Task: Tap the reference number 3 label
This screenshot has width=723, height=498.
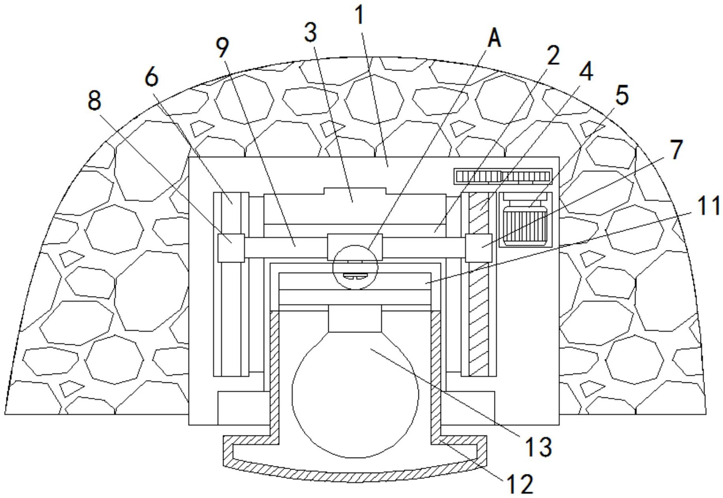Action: pos(311,32)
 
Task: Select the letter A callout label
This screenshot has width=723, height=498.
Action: pos(495,39)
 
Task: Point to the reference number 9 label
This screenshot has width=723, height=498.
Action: pos(222,48)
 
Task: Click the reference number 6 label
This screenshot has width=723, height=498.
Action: pos(151,77)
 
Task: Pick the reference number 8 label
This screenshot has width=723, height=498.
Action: pos(94,101)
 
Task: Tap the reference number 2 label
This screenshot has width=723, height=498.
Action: pos(553,56)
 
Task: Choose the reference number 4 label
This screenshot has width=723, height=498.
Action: pos(586,72)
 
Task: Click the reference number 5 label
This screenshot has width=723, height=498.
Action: pos(622,95)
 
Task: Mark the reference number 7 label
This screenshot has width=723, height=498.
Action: pos(676,150)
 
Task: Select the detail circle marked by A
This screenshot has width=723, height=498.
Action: pos(355,267)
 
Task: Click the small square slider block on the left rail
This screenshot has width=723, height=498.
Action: pos(231,247)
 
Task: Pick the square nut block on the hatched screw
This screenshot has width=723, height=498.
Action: pos(478,247)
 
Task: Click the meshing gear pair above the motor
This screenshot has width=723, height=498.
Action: pos(503,176)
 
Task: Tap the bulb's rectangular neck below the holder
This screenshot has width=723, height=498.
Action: pos(355,318)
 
